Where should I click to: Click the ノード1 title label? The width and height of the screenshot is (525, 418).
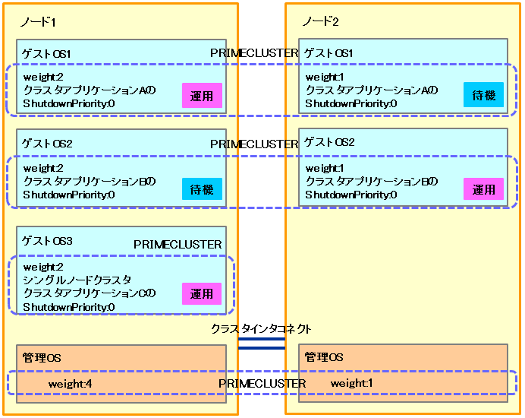[x=38, y=22]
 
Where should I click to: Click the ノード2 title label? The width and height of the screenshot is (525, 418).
[x=320, y=21]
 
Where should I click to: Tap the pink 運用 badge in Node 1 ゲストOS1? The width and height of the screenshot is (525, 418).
[x=202, y=96]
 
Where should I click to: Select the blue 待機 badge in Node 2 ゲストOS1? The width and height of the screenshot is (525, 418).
[x=484, y=95]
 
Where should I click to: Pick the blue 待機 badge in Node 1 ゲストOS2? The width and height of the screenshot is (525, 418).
[x=202, y=188]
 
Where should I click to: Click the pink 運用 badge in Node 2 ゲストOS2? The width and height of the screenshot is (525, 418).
[x=484, y=188]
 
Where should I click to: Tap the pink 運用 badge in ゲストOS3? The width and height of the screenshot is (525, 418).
[x=202, y=293]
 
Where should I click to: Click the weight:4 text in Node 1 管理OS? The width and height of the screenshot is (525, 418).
[x=71, y=384]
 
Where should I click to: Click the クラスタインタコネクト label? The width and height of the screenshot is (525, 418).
[x=261, y=328]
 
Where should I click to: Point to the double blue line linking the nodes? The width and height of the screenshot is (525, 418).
[x=261, y=344]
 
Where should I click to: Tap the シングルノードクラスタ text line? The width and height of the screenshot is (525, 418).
[x=77, y=280]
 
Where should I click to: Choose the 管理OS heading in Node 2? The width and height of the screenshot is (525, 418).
[x=324, y=356]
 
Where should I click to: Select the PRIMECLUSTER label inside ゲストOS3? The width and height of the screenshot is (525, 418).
[x=178, y=245]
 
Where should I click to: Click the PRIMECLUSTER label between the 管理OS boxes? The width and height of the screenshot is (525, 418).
[x=262, y=384]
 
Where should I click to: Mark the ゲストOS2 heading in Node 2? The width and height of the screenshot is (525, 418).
[x=329, y=142]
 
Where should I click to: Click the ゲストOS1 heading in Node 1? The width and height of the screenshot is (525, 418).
[x=47, y=54]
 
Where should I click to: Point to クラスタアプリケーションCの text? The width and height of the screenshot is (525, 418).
[x=90, y=293]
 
